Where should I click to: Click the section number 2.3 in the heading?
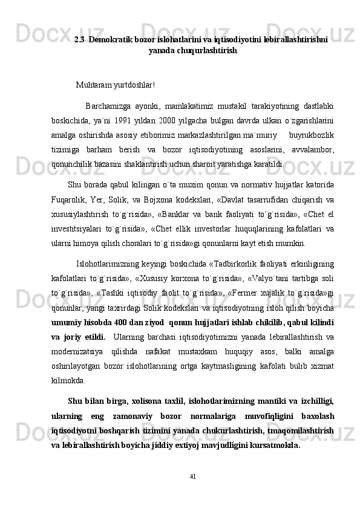click(x=79, y=39)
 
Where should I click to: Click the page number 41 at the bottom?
click(x=192, y=493)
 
